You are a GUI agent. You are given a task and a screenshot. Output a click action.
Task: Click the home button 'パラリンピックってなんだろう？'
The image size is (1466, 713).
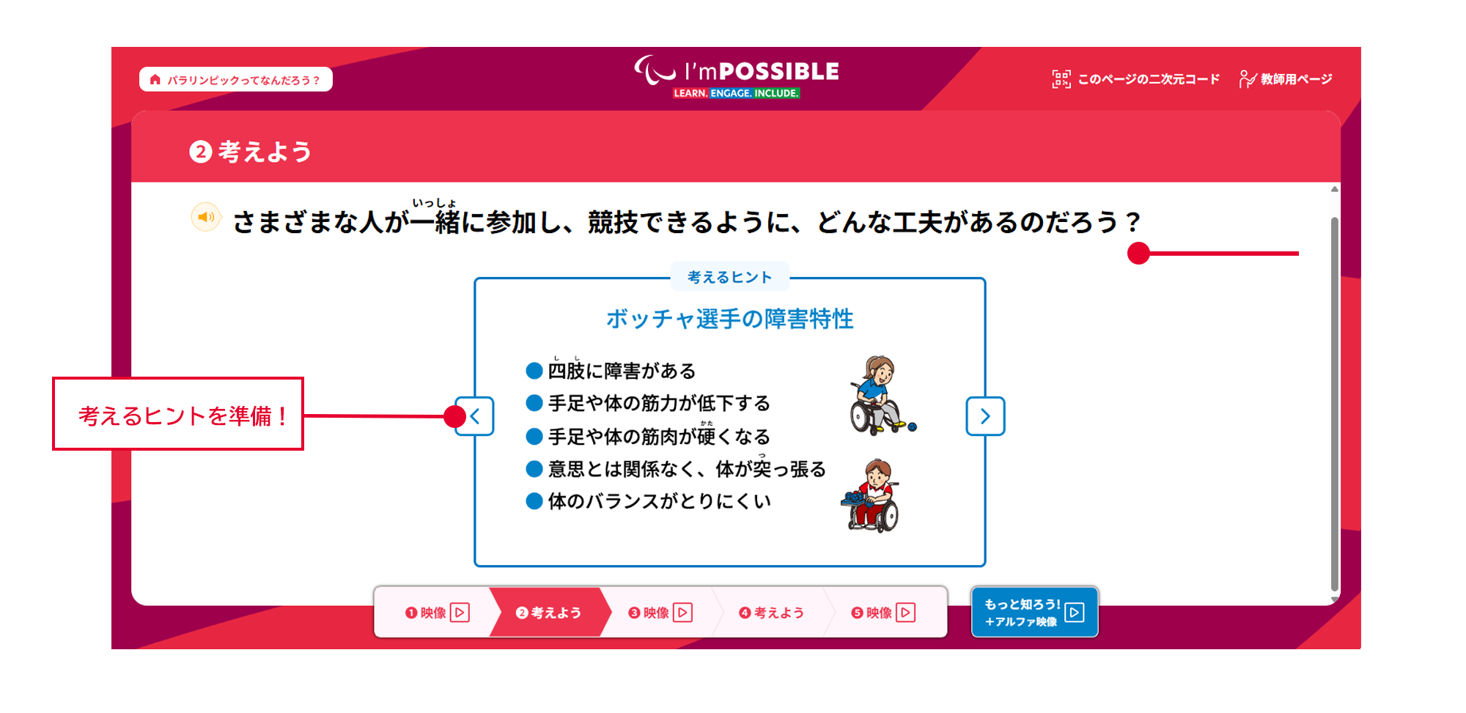click(x=235, y=79)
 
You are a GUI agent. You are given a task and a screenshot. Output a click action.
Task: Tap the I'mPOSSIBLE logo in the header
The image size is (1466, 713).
click(x=737, y=76)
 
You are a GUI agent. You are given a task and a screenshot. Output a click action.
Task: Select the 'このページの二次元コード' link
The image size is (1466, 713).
click(x=1135, y=79)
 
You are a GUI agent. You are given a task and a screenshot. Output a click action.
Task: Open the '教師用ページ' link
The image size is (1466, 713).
click(x=1285, y=79)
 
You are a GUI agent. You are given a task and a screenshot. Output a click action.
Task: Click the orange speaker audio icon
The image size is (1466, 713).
click(x=206, y=217)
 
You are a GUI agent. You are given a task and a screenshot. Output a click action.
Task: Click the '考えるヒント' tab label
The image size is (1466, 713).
click(x=730, y=277)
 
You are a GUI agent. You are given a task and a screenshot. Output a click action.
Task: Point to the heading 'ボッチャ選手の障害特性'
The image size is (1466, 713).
click(x=730, y=319)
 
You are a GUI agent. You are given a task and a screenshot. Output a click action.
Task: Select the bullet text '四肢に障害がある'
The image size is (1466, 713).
click(x=622, y=371)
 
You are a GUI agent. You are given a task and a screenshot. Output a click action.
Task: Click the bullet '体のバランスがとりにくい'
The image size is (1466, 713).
click(x=660, y=501)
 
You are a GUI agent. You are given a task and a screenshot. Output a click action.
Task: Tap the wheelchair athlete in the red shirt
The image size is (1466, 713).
click(x=872, y=495)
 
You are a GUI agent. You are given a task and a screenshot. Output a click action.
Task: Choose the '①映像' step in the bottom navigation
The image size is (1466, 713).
click(x=437, y=613)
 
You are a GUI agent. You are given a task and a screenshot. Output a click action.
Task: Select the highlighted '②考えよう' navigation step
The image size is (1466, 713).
click(x=548, y=613)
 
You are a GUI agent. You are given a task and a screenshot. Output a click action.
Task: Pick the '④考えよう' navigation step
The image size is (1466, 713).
click(x=771, y=613)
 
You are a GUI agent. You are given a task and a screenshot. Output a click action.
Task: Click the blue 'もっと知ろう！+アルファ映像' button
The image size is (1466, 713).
click(x=1034, y=613)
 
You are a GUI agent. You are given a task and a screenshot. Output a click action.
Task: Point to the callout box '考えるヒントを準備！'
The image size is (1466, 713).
click(x=178, y=414)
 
